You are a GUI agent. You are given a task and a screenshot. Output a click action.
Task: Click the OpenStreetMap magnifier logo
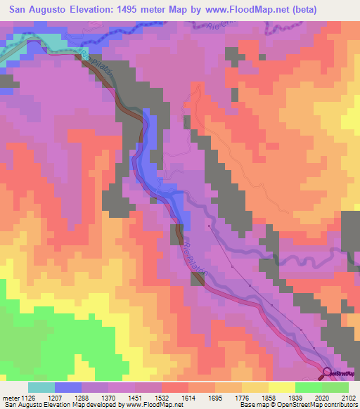coord(327,372)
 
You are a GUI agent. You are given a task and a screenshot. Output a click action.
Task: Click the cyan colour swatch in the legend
coord(41,387)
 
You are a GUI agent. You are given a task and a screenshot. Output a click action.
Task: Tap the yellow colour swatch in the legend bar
coord(281,387)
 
